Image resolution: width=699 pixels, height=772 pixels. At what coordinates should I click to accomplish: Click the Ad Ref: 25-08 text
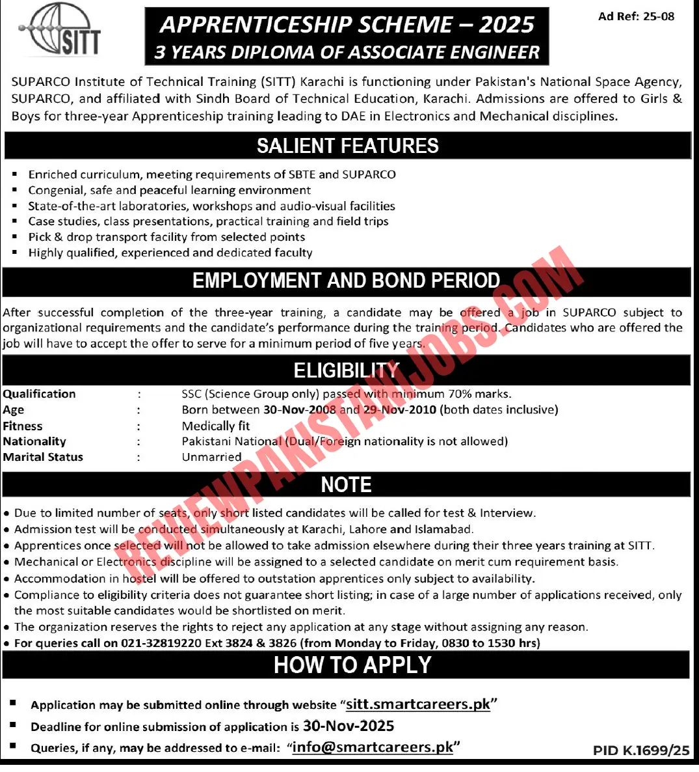[x=636, y=16]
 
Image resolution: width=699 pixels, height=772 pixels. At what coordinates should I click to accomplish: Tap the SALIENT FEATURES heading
[x=347, y=146]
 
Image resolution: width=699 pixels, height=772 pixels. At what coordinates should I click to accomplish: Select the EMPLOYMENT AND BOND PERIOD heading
[x=346, y=281]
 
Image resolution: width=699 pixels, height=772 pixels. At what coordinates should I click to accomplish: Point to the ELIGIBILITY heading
[x=346, y=370]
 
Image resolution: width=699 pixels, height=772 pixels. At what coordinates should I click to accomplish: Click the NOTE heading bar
[x=346, y=484]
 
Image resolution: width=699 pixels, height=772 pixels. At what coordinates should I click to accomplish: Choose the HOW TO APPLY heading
[x=352, y=665]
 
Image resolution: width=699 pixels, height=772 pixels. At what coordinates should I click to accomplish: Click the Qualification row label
[x=39, y=394]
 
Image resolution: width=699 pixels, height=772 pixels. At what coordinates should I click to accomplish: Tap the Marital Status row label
[x=43, y=457]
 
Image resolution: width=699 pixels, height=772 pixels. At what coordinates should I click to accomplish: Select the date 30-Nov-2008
[x=300, y=410]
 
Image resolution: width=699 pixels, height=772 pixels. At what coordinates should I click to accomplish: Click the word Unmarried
[x=211, y=457]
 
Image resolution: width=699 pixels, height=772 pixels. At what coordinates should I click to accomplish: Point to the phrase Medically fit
[x=216, y=426]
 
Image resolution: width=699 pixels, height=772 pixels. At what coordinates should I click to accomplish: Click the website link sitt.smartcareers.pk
[x=418, y=704]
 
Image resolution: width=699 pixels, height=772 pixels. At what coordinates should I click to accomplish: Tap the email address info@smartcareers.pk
[x=373, y=747]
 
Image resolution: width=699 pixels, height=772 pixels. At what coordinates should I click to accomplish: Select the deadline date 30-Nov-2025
[x=349, y=726]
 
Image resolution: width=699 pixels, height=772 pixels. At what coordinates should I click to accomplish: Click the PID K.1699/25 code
[x=640, y=751]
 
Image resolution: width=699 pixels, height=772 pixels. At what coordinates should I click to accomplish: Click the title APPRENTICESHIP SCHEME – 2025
[x=347, y=25]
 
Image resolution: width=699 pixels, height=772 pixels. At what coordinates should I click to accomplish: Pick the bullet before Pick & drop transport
[x=15, y=237]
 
